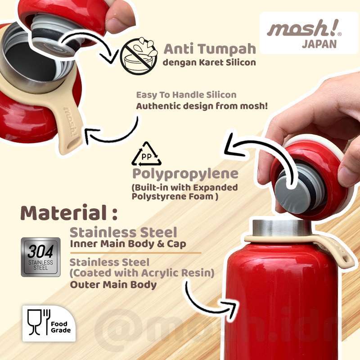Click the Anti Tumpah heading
[210, 49]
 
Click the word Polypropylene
[185, 174]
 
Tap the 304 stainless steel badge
[41, 256]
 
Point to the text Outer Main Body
[113, 284]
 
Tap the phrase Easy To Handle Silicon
[186, 95]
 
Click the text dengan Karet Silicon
[209, 63]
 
